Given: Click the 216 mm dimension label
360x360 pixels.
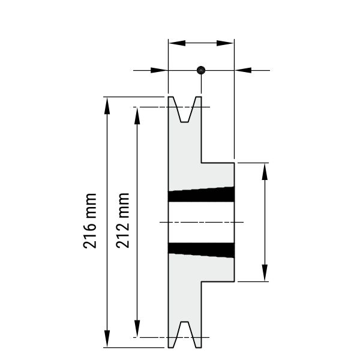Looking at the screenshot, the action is (89, 221).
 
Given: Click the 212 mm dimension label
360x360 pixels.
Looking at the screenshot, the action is (122, 220).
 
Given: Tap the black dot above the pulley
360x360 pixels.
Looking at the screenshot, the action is (201, 70).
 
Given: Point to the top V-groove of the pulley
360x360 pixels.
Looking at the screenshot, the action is (185, 109).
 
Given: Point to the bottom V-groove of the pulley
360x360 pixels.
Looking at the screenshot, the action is (185, 334).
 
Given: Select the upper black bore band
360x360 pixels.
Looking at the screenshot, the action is (202, 194).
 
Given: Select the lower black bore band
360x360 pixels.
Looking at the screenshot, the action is (202, 250).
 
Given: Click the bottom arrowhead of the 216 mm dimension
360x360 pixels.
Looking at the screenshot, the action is (107, 338).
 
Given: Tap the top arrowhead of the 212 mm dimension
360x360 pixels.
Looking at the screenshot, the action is (137, 116).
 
